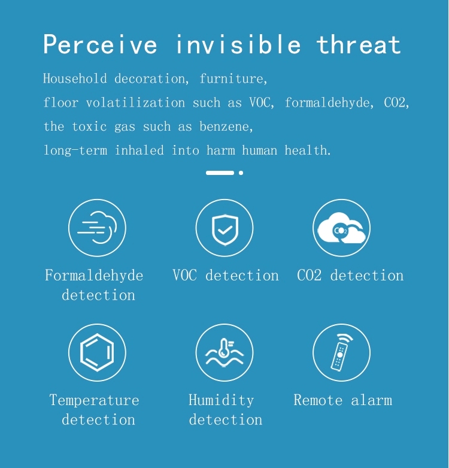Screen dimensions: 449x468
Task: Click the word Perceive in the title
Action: [x=100, y=44]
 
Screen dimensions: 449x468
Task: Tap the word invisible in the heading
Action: [x=238, y=44]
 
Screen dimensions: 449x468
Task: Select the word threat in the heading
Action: [x=359, y=45]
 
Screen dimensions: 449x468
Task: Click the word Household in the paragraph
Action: [x=75, y=78]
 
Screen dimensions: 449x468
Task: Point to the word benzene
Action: [x=226, y=126]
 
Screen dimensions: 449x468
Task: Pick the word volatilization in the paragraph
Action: [x=135, y=102]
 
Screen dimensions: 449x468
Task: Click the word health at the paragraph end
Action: [x=307, y=150]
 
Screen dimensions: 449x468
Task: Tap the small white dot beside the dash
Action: [x=241, y=173]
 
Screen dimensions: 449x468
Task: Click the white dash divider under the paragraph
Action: [x=220, y=173]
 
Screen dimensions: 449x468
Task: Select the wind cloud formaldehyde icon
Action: [x=97, y=228]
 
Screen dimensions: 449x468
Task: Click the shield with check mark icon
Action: [x=224, y=228]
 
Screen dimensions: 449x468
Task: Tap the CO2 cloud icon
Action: [x=342, y=228]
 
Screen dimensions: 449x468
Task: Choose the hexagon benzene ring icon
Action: [x=97, y=352]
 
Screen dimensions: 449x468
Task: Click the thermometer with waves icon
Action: [x=224, y=352]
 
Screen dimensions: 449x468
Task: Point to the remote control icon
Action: [x=342, y=352]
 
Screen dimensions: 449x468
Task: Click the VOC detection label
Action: [x=226, y=275]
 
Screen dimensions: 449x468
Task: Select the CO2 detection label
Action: [x=350, y=275]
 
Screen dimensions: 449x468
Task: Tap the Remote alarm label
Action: [x=343, y=400]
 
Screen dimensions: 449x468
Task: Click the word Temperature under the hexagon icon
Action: [x=94, y=400]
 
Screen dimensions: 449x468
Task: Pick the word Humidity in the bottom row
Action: [x=222, y=400]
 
